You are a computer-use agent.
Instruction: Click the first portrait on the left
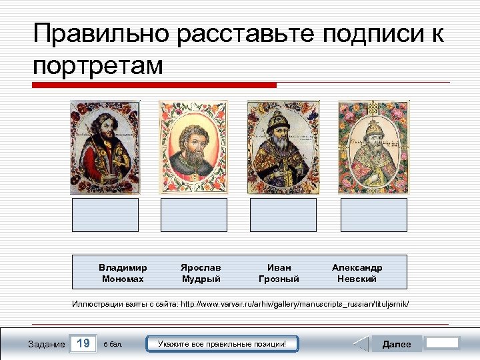pos(104,147)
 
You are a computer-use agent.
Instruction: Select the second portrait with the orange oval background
pos(193,147)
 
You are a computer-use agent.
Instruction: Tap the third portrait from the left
pos(283,147)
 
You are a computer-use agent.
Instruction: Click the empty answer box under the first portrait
pos(105,215)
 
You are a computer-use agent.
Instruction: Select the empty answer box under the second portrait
pos(194,215)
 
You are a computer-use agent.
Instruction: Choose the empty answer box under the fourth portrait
pos(373,215)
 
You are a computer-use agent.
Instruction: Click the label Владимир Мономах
pos(123,273)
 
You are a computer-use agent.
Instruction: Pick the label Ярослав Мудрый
pos(201,273)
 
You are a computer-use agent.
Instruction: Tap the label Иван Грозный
pos(279,273)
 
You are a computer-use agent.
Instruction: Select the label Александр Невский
pos(357,273)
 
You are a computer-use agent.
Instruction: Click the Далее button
pos(396,344)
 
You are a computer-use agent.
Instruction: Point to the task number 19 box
pos(83,344)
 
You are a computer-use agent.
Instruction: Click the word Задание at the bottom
pos(46,344)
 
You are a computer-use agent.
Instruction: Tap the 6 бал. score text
pos(113,345)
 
